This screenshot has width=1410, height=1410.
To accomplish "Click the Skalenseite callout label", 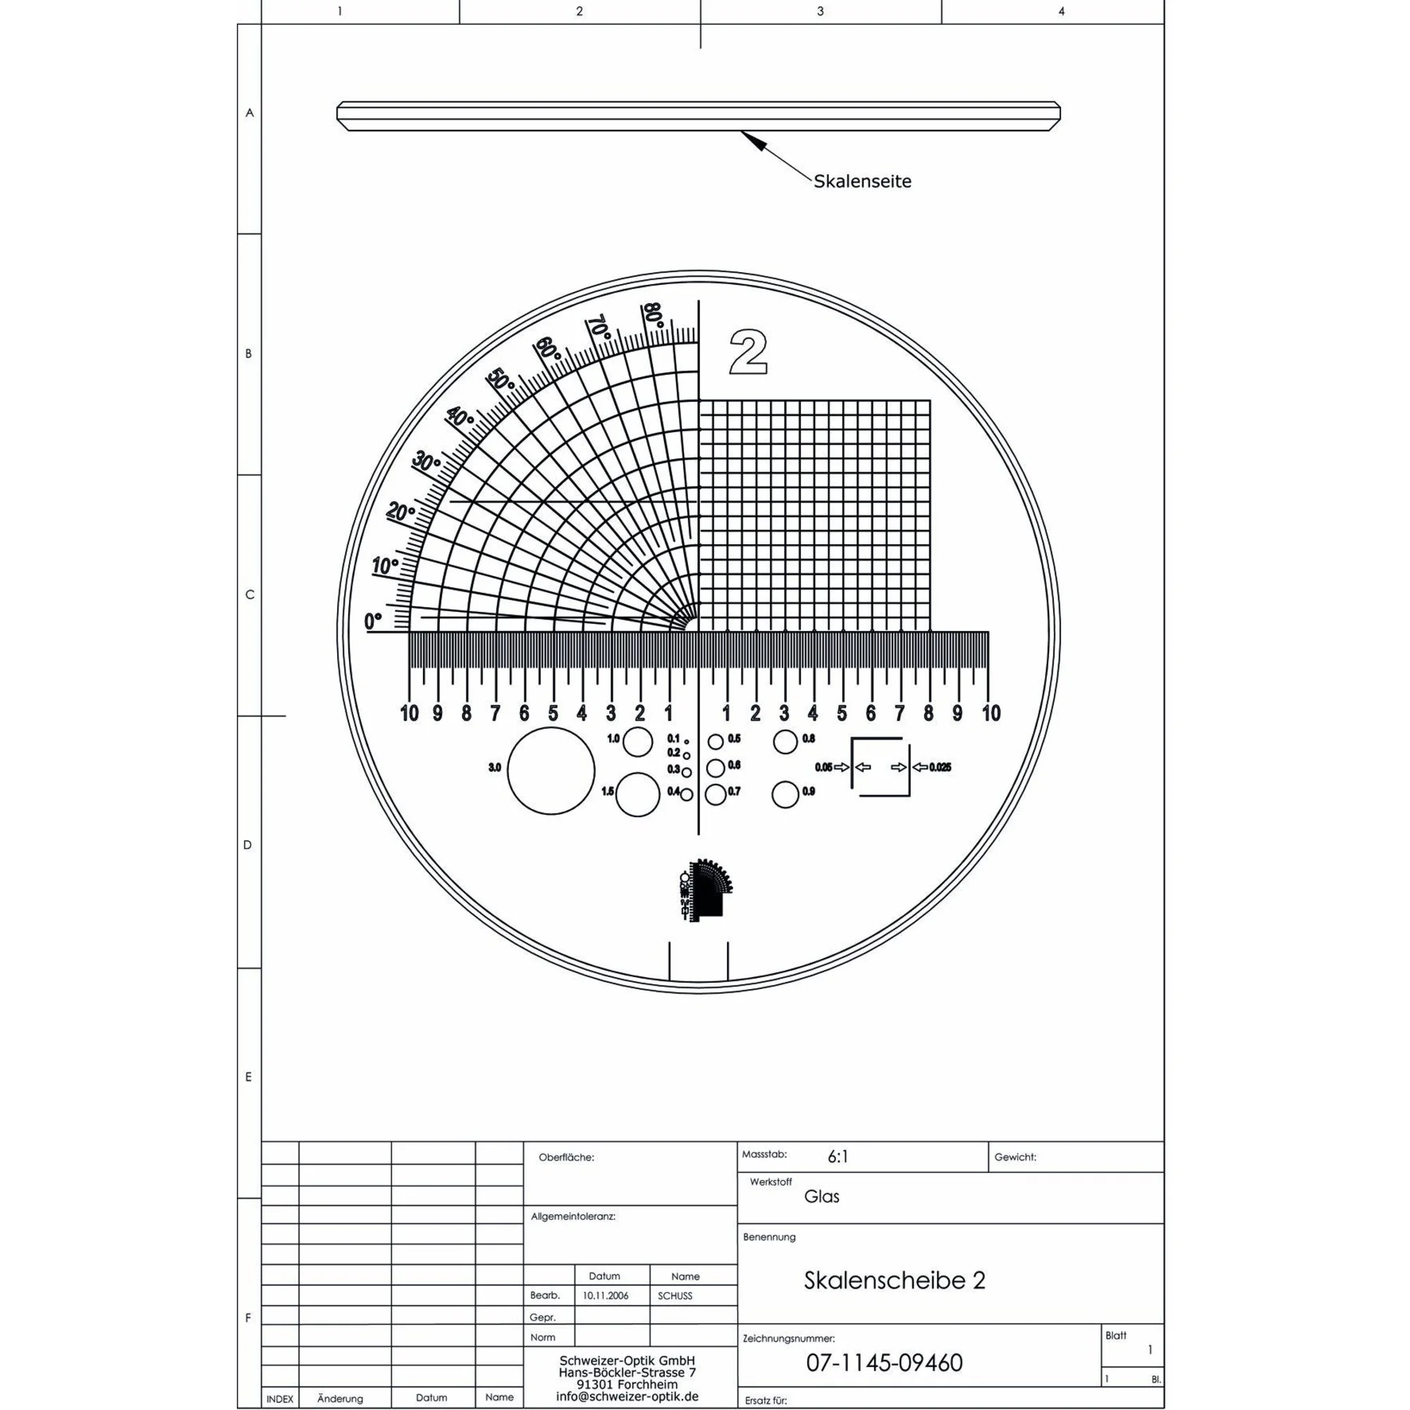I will (862, 182).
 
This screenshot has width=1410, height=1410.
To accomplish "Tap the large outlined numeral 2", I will (748, 352).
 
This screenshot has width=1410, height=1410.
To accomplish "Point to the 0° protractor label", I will (373, 622).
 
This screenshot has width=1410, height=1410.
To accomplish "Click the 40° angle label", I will (460, 417).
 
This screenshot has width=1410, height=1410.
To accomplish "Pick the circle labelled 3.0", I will (551, 770).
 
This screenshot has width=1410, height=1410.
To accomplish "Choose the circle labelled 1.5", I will (637, 795).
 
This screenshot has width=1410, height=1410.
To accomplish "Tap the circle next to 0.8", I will (785, 742).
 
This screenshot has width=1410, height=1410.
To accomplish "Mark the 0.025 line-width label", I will (940, 767).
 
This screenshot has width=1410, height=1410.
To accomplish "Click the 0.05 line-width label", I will (823, 767).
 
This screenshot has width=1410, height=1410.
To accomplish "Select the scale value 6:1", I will (838, 1157).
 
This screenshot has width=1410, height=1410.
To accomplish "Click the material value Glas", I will (822, 1196).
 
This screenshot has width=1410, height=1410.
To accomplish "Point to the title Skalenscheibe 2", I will (894, 1280).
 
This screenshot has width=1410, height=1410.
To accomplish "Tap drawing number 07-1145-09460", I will (884, 1363).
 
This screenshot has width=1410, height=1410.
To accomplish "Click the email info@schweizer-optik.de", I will (627, 1396).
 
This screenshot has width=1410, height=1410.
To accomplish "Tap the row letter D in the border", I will (247, 845).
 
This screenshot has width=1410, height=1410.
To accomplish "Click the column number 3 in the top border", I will (821, 12).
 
